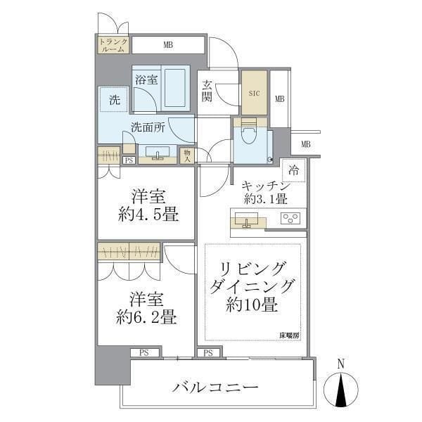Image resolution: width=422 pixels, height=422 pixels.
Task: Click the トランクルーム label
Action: click(x=113, y=45)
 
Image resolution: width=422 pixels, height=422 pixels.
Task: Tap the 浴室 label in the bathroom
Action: click(x=146, y=80)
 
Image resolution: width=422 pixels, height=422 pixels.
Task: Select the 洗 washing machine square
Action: click(x=113, y=100)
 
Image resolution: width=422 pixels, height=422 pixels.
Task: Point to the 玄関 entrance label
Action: click(x=207, y=91)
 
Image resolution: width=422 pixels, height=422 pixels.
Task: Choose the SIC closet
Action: click(x=254, y=92)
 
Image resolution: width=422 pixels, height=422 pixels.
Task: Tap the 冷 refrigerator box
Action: click(x=293, y=170)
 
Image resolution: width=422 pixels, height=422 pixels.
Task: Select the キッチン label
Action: click(x=265, y=186)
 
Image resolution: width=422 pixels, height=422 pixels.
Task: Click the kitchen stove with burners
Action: click(x=290, y=218)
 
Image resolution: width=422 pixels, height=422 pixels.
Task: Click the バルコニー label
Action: click(x=215, y=388)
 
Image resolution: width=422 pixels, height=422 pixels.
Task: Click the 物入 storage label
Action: click(x=187, y=155)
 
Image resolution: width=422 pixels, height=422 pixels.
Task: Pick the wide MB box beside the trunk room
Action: click(x=168, y=45)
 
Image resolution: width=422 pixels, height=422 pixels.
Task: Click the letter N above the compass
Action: click(x=340, y=364)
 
